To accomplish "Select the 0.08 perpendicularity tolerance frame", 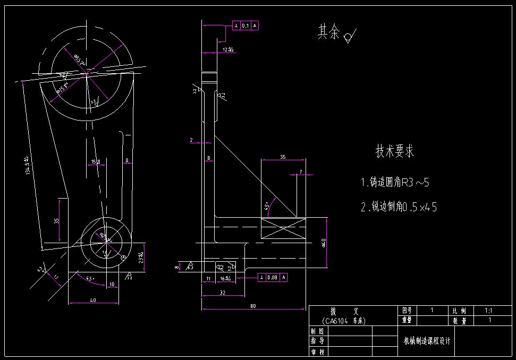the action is (272, 277).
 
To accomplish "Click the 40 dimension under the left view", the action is (93, 301).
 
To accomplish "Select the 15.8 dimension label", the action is (96, 161).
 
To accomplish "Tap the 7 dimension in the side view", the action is (300, 172).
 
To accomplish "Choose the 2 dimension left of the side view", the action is (191, 140).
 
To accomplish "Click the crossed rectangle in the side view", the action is (284, 229).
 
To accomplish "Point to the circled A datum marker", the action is (124, 258).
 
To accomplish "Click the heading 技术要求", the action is (394, 152).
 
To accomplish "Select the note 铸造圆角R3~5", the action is (394, 183).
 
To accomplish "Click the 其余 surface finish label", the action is (328, 33).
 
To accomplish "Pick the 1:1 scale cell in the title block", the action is (488, 310).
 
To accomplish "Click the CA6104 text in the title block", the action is (343, 321).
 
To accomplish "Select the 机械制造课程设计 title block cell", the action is (426, 341).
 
